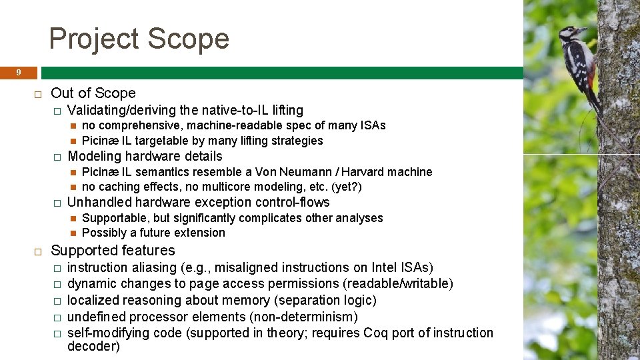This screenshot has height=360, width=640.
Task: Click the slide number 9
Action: click(x=19, y=72)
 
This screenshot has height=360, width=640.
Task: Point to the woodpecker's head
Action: click(x=571, y=33)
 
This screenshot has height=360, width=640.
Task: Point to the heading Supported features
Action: click(x=113, y=251)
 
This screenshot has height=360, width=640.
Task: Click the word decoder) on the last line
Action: click(x=93, y=346)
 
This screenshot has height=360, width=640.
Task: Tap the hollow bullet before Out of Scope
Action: click(x=38, y=94)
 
